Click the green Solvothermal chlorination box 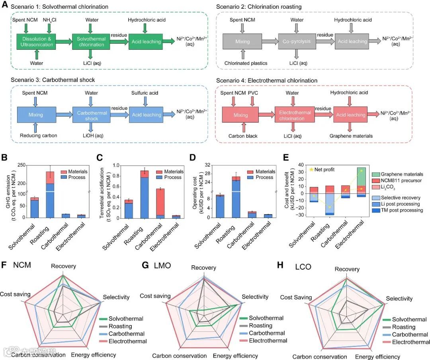(92, 41)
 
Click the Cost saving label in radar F (15, 294)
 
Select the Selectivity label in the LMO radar (255, 297)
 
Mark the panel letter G (145, 265)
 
